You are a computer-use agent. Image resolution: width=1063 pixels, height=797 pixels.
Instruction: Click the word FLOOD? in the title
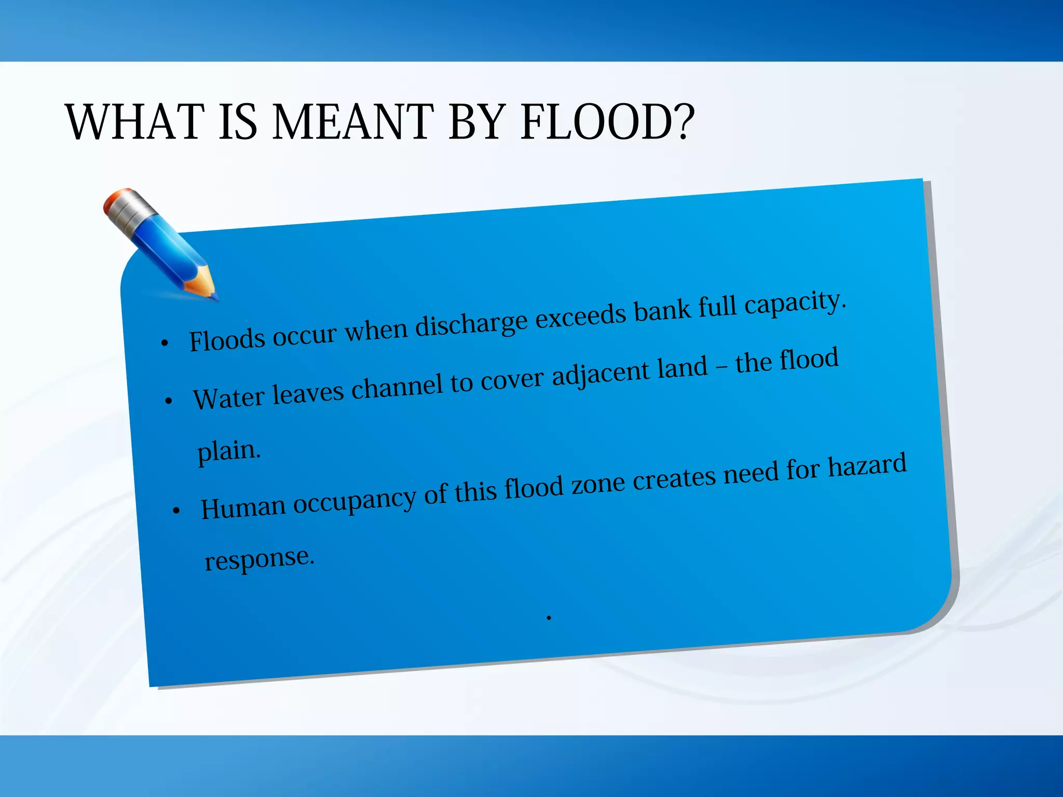[607, 122]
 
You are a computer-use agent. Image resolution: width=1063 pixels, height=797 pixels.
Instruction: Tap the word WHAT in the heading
[134, 122]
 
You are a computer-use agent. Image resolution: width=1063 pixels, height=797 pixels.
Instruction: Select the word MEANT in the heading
[353, 122]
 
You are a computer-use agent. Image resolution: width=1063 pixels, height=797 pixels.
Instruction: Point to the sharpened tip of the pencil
[213, 296]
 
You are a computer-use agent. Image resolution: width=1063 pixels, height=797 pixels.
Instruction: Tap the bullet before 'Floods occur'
[165, 343]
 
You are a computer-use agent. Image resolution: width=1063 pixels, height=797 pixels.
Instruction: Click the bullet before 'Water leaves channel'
[168, 401]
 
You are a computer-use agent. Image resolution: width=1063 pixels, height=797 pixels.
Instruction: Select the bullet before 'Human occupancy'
[176, 511]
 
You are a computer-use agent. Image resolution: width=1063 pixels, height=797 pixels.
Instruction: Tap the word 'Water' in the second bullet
[229, 398]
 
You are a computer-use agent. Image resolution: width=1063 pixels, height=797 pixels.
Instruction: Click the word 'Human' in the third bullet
[243, 507]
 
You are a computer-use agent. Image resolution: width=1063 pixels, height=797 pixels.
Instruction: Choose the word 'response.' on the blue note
[260, 559]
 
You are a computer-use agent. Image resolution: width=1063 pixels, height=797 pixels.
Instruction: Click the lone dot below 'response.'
[549, 617]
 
